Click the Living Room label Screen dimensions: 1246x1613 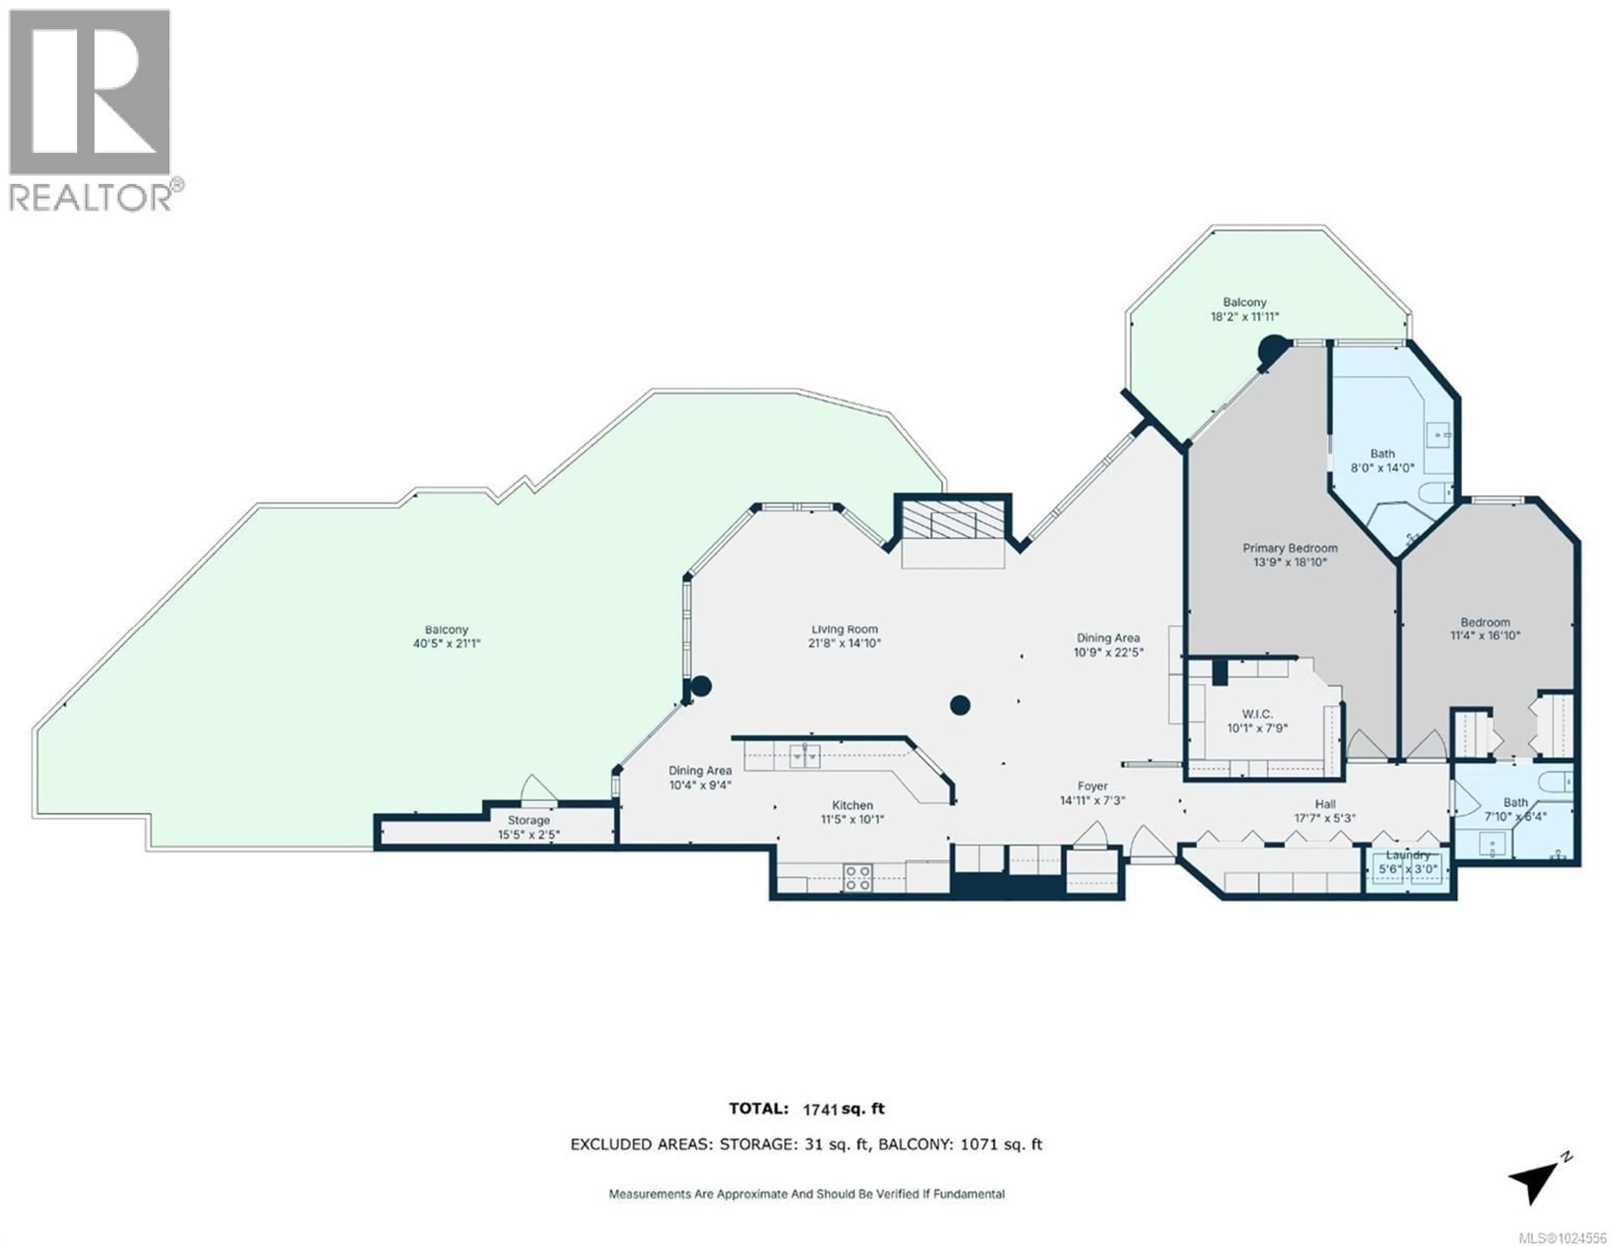coord(844,629)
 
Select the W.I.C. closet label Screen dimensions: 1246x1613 coord(1257,714)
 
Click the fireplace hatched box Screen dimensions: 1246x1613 coord(953,524)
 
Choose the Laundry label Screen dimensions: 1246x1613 coord(1408,855)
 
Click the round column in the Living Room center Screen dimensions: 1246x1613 coord(959,706)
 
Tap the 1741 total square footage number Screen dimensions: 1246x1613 coord(820,1130)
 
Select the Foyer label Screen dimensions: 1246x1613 coord(1092,787)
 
